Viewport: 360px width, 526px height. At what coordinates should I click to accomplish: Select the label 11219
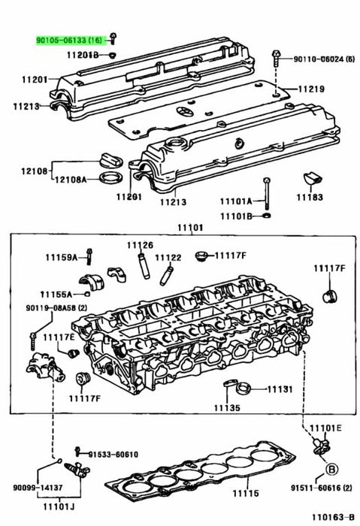point(311,89)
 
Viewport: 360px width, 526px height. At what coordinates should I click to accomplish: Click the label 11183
point(310,197)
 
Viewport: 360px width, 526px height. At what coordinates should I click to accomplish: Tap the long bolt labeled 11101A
point(267,194)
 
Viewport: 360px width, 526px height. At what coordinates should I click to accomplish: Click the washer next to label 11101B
point(268,215)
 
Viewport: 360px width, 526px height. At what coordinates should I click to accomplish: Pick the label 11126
point(140,245)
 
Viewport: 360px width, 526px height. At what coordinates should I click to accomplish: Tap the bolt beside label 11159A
point(89,257)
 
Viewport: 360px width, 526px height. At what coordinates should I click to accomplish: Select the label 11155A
point(56,295)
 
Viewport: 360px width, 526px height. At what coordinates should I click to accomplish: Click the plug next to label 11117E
point(74,353)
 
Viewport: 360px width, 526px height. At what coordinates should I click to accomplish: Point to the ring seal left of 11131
point(243,389)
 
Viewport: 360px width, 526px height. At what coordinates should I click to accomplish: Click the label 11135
point(227,407)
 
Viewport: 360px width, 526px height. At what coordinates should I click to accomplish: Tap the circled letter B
point(332,469)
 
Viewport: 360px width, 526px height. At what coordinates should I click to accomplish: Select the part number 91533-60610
point(113,454)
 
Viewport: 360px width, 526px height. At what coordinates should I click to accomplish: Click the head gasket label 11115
point(246,493)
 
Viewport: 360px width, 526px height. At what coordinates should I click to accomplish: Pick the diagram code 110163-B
point(333,517)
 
